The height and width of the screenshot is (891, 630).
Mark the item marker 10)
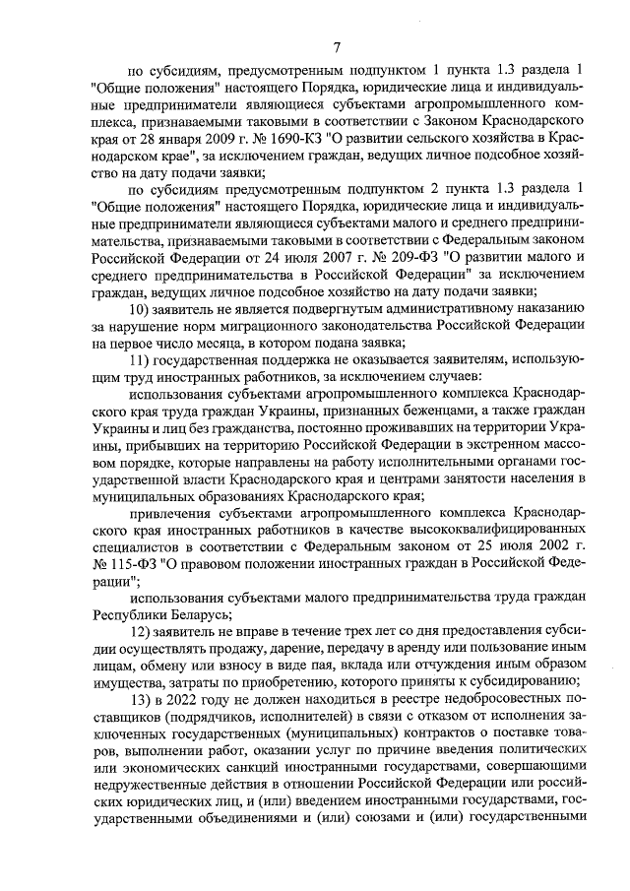coord(143,309)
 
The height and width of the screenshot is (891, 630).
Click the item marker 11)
coord(143,361)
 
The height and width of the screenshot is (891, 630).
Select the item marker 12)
coord(143,629)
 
